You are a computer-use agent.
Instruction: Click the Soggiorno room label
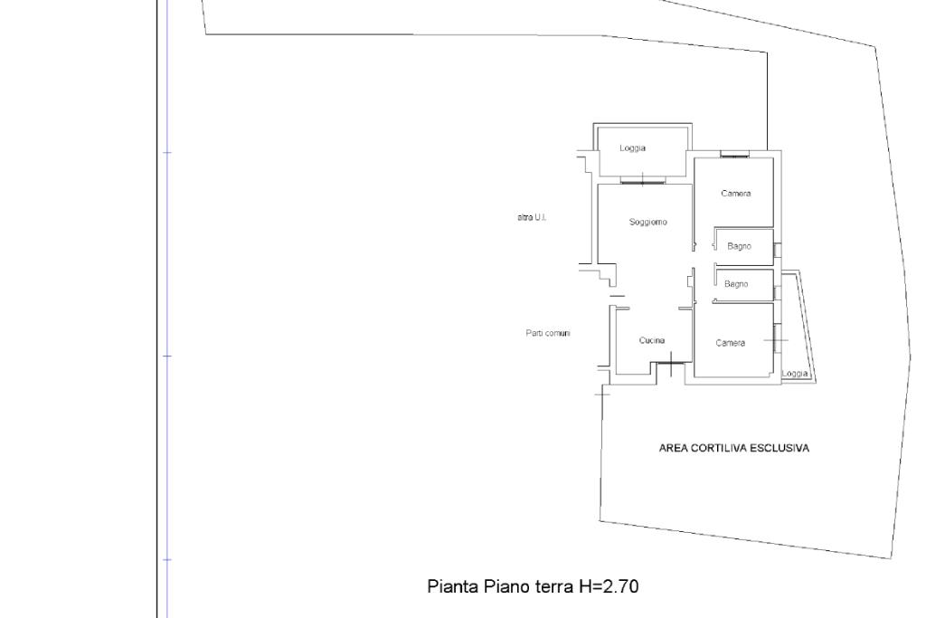pos(647,223)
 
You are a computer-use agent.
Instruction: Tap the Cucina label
pos(652,340)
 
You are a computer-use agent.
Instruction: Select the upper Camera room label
pos(736,194)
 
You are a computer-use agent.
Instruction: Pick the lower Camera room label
pos(731,343)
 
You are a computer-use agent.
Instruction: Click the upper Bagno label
pos(740,246)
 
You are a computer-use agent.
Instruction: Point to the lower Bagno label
pos(736,284)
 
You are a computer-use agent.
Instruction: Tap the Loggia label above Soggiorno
pos(632,148)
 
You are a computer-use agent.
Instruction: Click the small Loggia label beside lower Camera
pos(795,374)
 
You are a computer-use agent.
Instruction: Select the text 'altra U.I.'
pos(532,217)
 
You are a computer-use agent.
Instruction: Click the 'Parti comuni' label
pos(548,333)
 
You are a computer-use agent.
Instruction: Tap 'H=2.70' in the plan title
pos(609,586)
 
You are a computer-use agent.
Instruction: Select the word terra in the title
pos(554,586)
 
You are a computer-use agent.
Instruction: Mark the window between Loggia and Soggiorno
pos(643,180)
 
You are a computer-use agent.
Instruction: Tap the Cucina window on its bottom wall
pos(671,362)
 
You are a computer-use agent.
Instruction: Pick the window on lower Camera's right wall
pos(776,338)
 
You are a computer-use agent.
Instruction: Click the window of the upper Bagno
pos(777,250)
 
